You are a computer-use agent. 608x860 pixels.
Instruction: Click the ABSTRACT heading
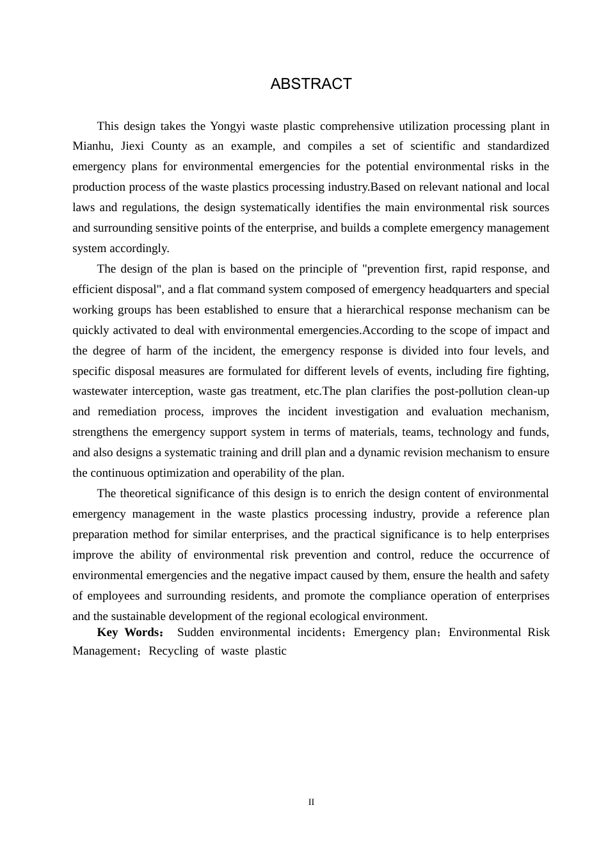click(x=311, y=84)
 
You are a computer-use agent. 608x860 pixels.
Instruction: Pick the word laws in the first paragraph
click(x=83, y=207)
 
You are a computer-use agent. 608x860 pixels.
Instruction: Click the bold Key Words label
click(x=130, y=632)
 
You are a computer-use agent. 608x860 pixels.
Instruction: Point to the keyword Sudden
click(x=196, y=632)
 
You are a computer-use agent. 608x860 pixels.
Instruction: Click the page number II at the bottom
click(x=311, y=802)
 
